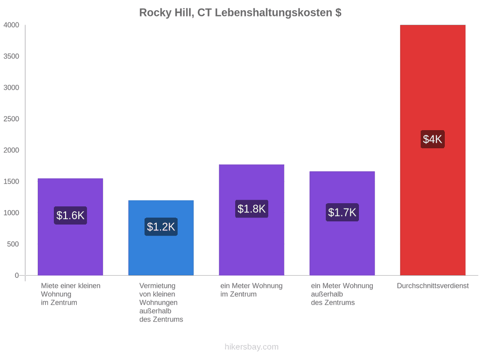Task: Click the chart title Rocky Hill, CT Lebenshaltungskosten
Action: (241, 13)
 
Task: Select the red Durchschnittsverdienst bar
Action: (433, 150)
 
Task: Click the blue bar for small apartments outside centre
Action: (161, 238)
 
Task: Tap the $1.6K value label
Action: (70, 215)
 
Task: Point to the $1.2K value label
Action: (161, 227)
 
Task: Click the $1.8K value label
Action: (252, 209)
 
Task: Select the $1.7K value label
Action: (342, 212)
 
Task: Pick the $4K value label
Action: (433, 139)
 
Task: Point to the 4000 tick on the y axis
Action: (11, 25)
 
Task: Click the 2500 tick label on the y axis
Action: (11, 119)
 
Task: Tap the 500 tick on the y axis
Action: (13, 244)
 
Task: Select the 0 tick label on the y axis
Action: (17, 276)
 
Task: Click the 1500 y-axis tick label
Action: (11, 181)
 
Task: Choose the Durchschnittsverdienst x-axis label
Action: (433, 286)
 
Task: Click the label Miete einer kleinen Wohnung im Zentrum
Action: (71, 294)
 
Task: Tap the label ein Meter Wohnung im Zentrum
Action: (251, 290)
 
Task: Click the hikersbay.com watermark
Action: (252, 347)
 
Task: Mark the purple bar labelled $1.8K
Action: (252, 220)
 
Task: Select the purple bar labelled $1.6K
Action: (70, 227)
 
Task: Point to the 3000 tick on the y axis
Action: (11, 87)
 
